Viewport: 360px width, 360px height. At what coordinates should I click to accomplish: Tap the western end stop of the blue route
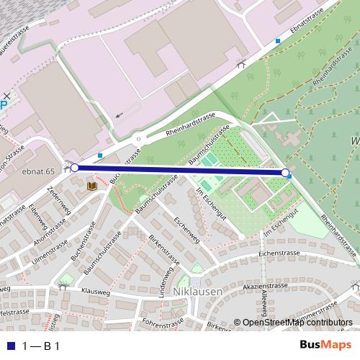pyautogui.click(x=75, y=168)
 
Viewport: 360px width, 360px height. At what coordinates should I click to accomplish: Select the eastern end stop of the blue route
pyautogui.click(x=286, y=173)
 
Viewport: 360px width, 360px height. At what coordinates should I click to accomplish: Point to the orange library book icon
pyautogui.click(x=92, y=186)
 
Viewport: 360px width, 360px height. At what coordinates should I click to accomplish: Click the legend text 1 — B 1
pyautogui.click(x=40, y=346)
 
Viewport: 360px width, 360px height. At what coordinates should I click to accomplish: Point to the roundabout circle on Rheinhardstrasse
pyautogui.click(x=138, y=139)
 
